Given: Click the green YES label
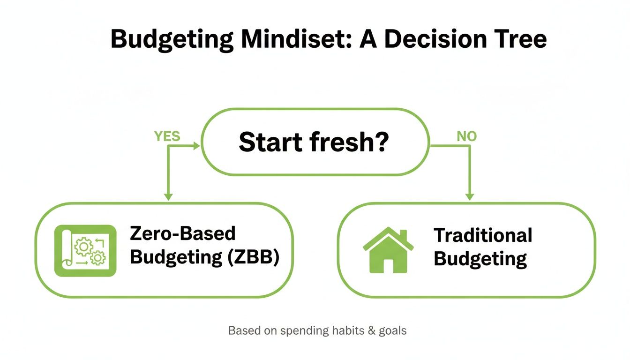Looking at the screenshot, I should (x=167, y=136).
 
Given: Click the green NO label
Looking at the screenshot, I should (x=466, y=136).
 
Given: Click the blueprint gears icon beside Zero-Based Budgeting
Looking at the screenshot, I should (x=85, y=251).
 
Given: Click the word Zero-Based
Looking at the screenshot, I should (x=183, y=234).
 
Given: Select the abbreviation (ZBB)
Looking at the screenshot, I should (x=253, y=257).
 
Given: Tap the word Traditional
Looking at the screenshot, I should (x=483, y=235).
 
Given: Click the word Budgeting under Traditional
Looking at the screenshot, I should (x=480, y=259).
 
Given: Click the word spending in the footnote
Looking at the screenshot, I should (x=304, y=330).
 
